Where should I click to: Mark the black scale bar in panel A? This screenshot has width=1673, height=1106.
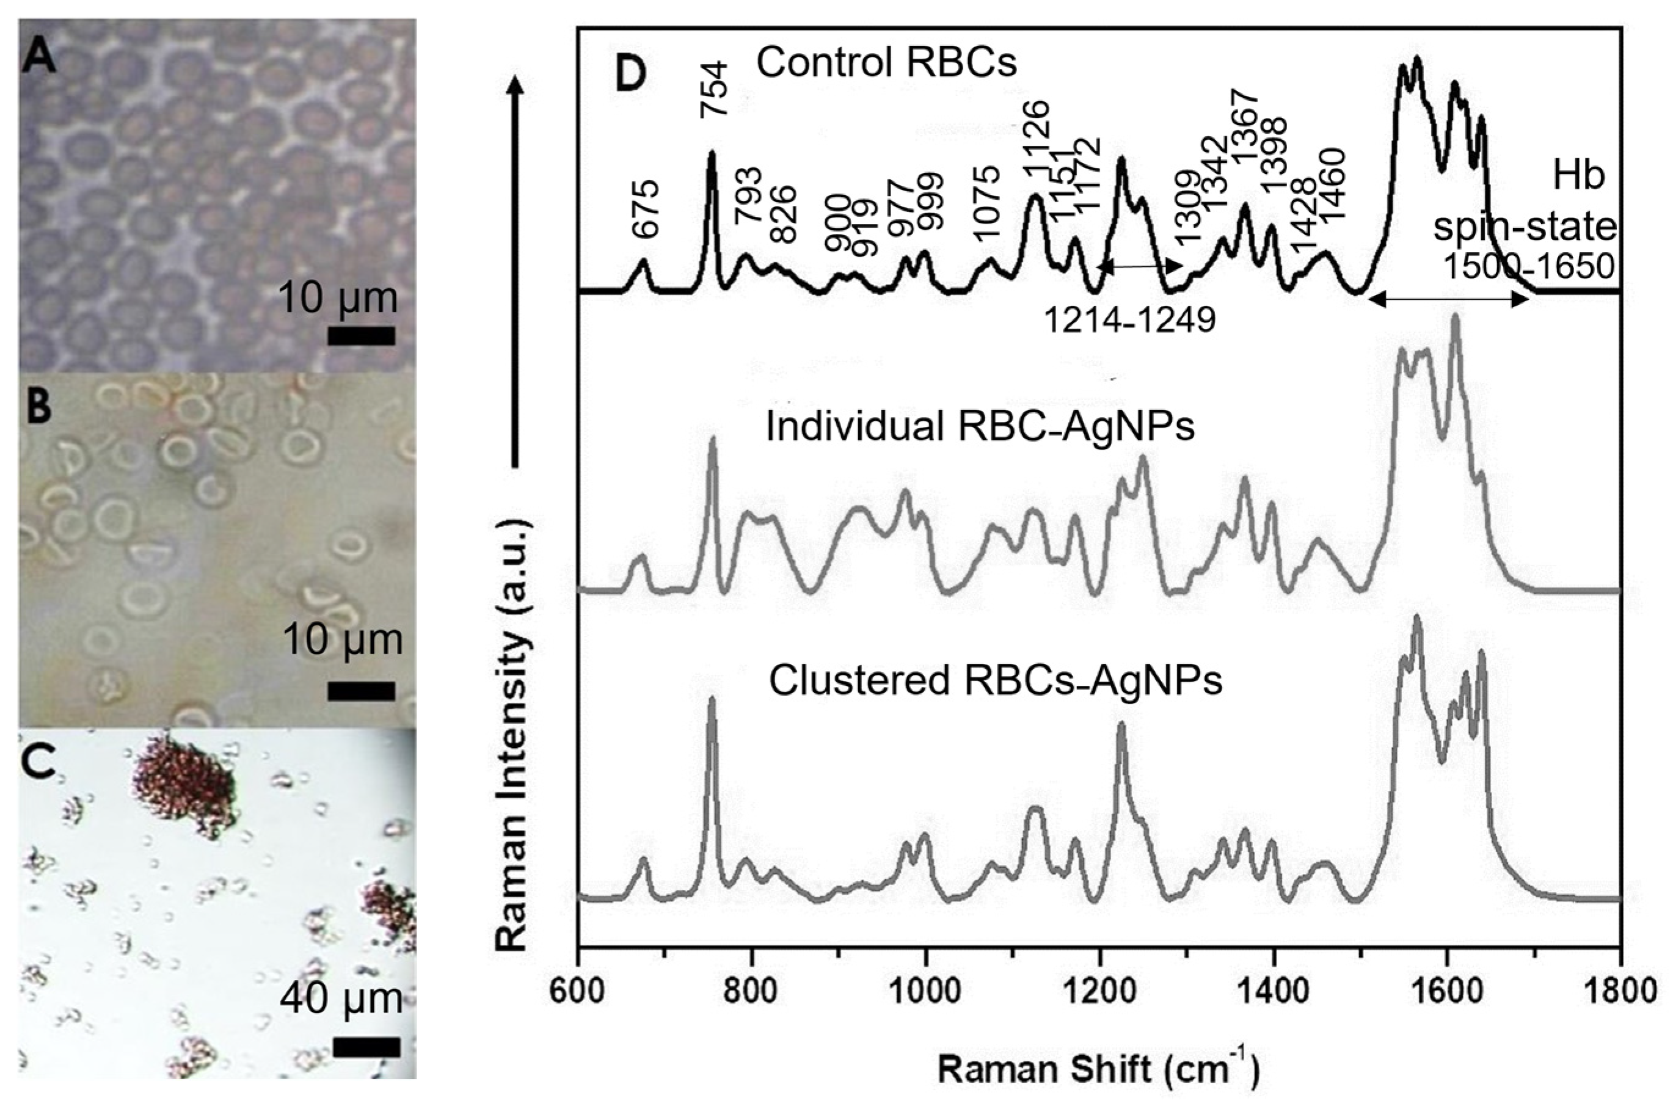pos(361,336)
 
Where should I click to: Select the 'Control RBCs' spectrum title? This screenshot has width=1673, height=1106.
pos(886,63)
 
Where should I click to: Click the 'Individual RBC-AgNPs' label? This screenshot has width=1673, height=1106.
pos(980,427)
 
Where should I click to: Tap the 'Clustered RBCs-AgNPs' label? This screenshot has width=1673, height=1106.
pos(995,681)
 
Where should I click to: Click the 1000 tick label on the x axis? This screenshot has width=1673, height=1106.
pos(925,991)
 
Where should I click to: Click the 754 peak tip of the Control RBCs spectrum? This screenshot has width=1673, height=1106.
pos(712,153)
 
